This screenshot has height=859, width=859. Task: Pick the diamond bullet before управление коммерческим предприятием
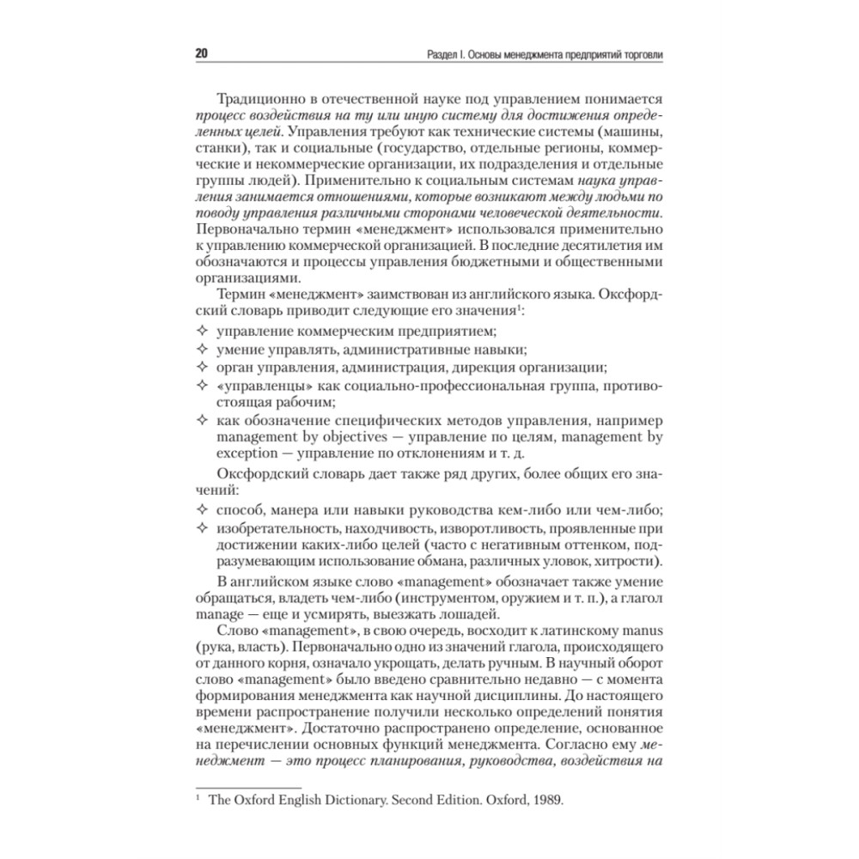click(203, 332)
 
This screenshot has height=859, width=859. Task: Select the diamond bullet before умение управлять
click(203, 350)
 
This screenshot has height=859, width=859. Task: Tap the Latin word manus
click(641, 632)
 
